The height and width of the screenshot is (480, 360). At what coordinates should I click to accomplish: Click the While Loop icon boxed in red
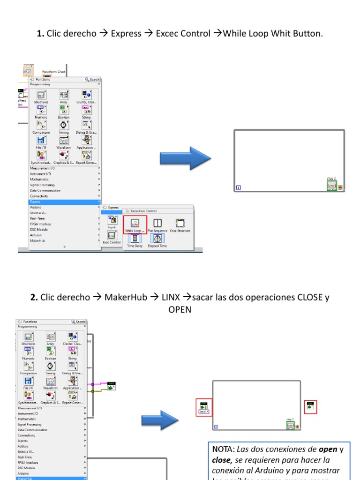click(135, 224)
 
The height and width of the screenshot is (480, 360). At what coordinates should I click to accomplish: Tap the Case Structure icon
click(180, 223)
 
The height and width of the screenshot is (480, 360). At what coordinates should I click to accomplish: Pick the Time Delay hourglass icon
click(135, 239)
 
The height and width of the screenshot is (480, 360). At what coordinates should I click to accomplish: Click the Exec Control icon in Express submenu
click(112, 235)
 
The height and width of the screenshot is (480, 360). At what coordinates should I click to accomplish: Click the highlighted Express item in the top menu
click(36, 202)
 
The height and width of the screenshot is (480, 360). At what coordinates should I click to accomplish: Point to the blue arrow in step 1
click(185, 158)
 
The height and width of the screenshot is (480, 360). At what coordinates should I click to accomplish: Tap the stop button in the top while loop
click(332, 186)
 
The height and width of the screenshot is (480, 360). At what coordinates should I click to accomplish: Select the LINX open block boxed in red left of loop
click(204, 407)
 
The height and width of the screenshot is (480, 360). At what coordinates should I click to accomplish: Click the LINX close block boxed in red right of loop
click(310, 406)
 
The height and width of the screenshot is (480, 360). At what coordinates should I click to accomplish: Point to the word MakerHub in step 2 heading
click(125, 298)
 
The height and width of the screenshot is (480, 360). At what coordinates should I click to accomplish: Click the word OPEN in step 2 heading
click(180, 310)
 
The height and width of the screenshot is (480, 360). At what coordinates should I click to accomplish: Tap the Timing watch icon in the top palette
click(63, 125)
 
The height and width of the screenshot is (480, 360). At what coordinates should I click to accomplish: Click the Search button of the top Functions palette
click(92, 80)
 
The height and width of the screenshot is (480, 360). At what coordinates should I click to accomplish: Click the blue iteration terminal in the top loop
click(239, 188)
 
